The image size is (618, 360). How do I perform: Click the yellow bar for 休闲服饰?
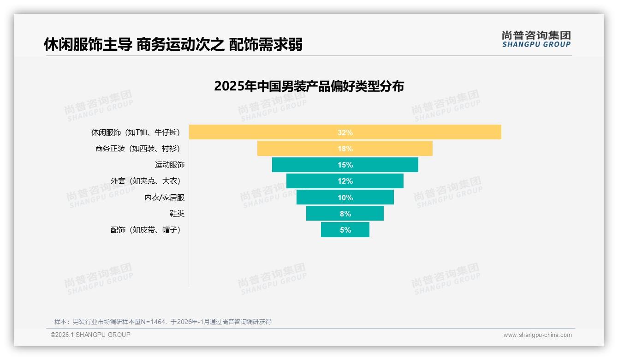pyautogui.click(x=277, y=132)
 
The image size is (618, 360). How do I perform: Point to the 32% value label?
pyautogui.click(x=345, y=132)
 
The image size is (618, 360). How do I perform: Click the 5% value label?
pyautogui.click(x=345, y=230)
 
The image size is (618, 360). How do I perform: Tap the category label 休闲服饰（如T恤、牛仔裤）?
pyautogui.click(x=136, y=132)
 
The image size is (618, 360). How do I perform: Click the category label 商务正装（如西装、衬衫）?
pyautogui.click(x=137, y=149)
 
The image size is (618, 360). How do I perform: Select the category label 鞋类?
pyautogui.click(x=177, y=214)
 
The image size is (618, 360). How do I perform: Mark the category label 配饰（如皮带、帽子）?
pyautogui.click(x=145, y=230)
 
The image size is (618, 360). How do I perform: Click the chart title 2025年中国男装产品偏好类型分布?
pyautogui.click(x=309, y=86)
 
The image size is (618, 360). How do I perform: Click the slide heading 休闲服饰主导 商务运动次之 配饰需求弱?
pyautogui.click(x=173, y=45)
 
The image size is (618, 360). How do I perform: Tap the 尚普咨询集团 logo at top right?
pyautogui.click(x=536, y=39)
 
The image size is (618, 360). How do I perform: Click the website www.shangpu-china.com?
pyautogui.click(x=537, y=335)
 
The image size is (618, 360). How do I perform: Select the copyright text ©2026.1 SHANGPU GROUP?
pyautogui.click(x=90, y=335)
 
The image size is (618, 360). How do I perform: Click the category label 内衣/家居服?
pyautogui.click(x=165, y=198)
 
